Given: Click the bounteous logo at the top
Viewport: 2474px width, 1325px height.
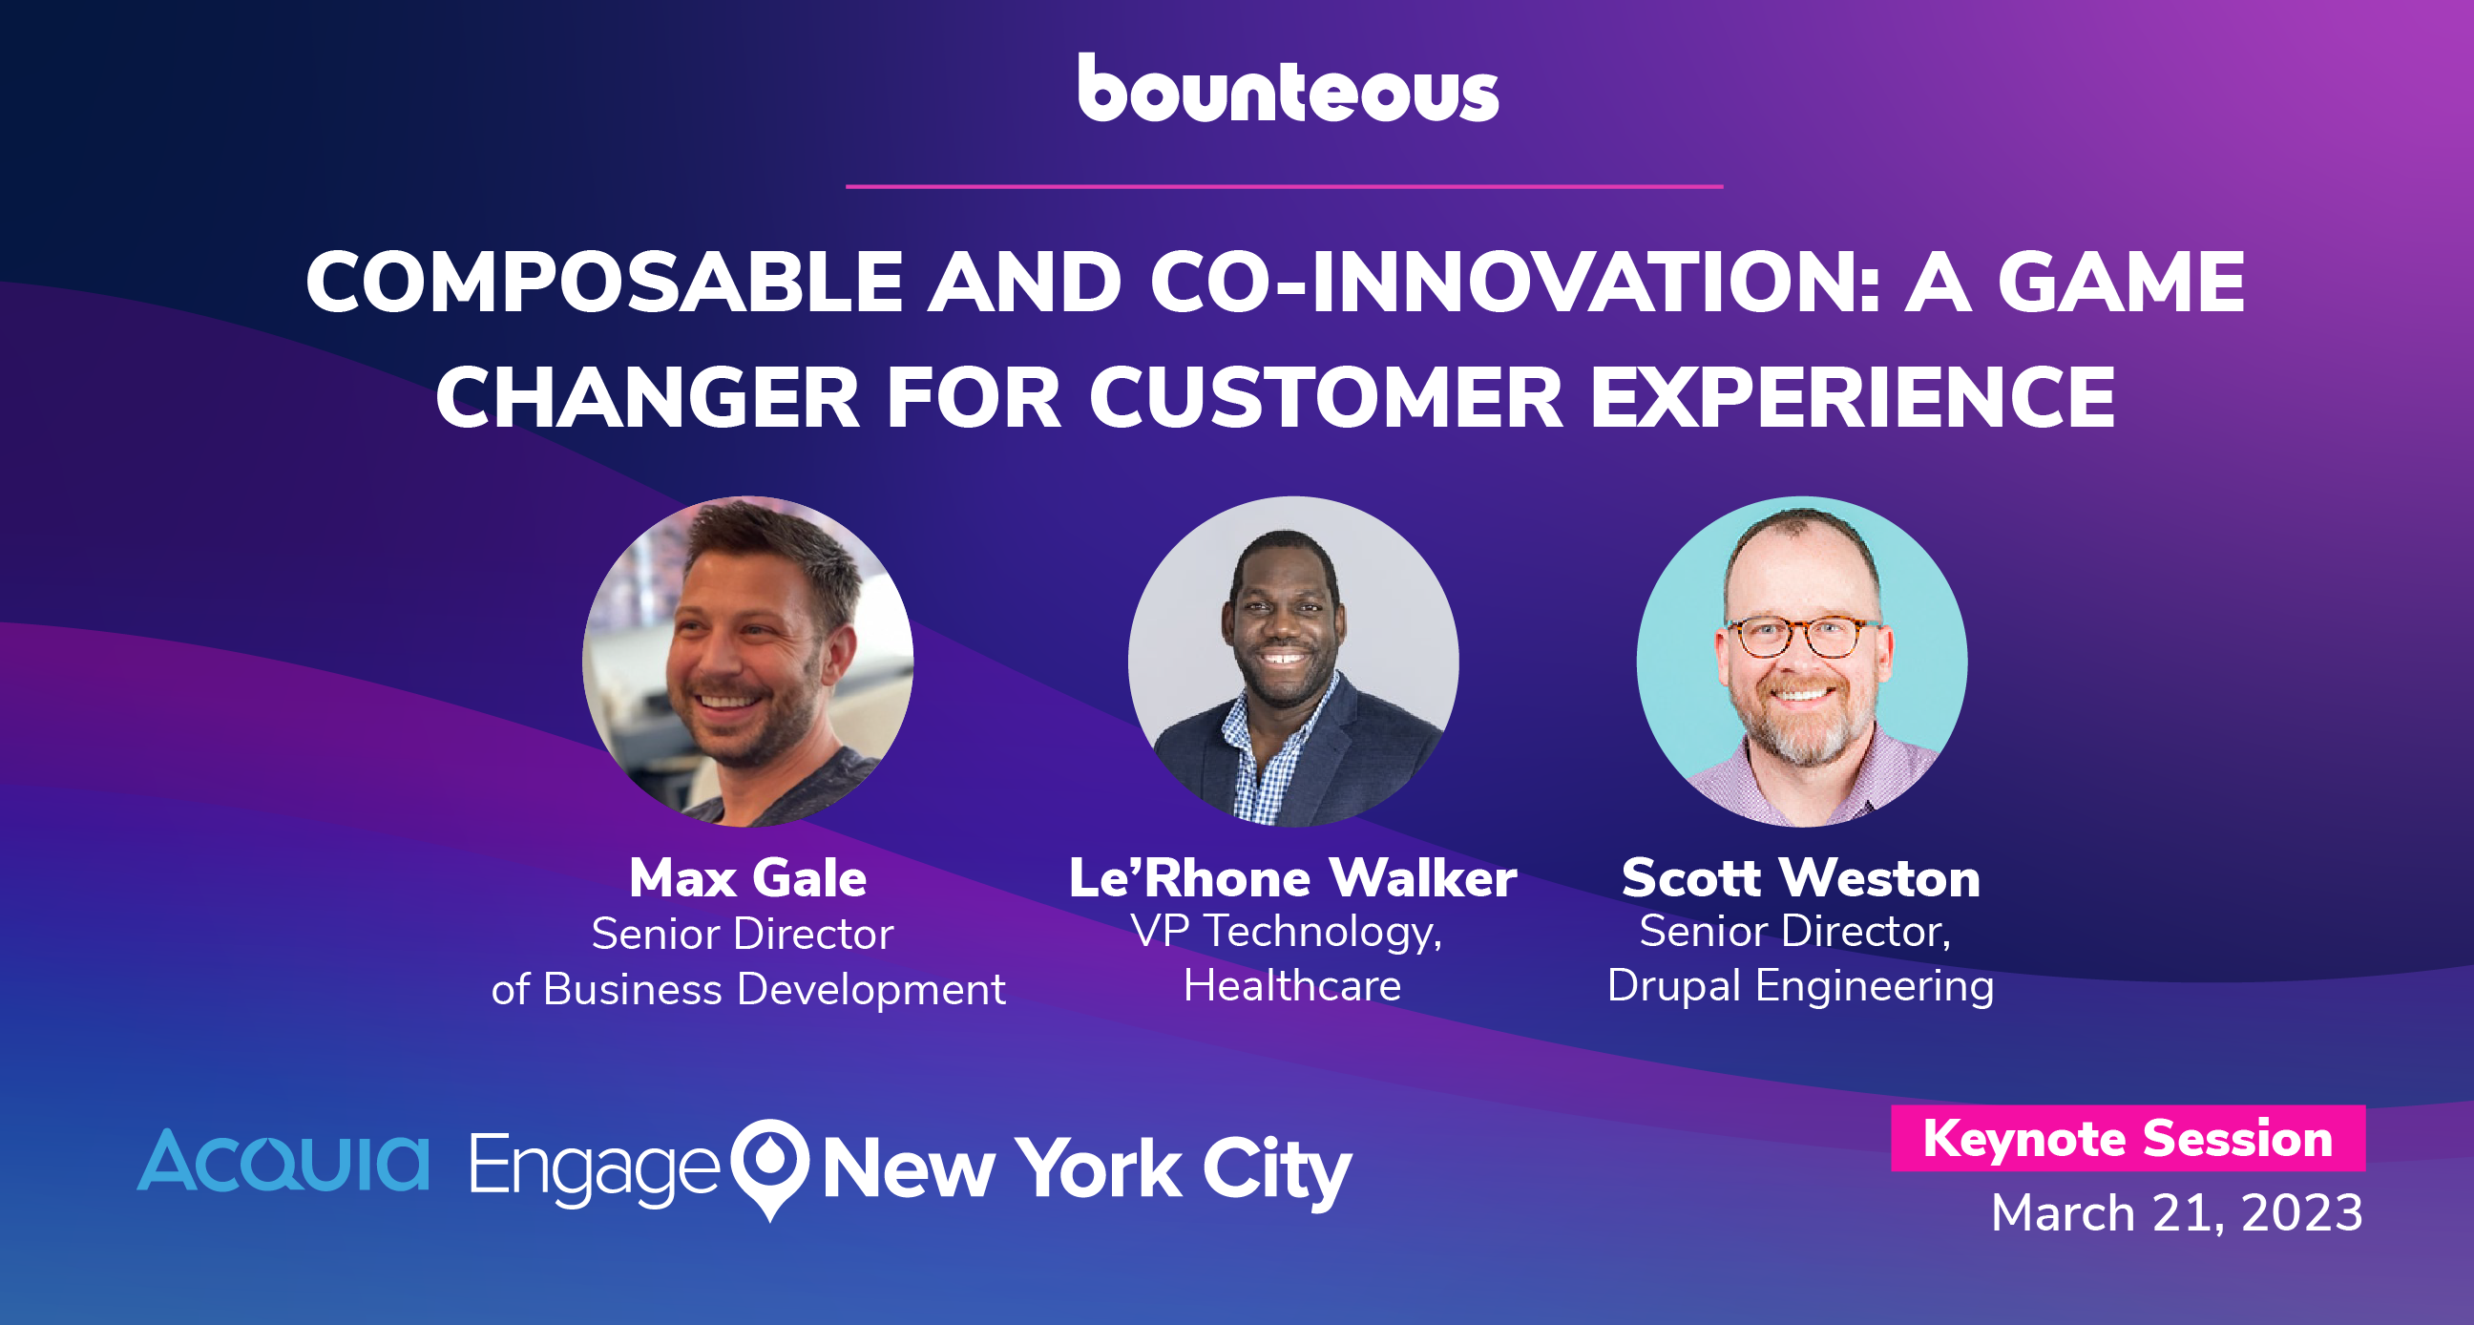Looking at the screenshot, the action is click(x=1287, y=89).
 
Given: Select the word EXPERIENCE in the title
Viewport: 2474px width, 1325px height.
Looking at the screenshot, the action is click(x=1853, y=397).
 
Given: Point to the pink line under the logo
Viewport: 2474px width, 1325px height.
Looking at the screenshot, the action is click(x=1284, y=186).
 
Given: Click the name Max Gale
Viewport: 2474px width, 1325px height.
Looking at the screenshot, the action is click(x=748, y=878).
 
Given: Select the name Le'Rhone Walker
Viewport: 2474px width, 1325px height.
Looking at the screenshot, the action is click(x=1292, y=878).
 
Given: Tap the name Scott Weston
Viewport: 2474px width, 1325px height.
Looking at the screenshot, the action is click(x=1801, y=878).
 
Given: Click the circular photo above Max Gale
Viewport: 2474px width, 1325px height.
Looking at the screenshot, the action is click(x=748, y=661).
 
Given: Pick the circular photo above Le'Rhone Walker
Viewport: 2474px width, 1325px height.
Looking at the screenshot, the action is click(x=1293, y=661).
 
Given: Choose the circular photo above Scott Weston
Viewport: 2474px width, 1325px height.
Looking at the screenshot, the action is click(x=1802, y=661).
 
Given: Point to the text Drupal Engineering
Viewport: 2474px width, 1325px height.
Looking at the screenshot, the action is click(x=1801, y=987).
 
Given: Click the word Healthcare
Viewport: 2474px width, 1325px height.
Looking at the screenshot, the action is click(x=1292, y=986).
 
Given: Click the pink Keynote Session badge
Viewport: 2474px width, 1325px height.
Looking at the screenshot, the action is click(x=2128, y=1139).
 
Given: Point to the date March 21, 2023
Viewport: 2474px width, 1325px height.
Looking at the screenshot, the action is click(x=2176, y=1212).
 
